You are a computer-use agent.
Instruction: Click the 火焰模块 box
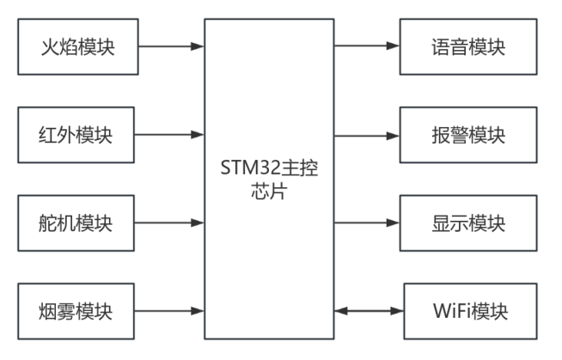click(77, 46)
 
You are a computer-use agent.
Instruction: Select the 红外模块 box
click(77, 135)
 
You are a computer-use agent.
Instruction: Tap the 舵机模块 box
click(77, 223)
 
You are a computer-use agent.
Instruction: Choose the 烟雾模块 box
click(77, 310)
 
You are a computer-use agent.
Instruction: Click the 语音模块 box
click(468, 46)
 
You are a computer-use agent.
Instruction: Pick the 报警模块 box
click(468, 135)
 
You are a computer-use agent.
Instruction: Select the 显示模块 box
click(468, 223)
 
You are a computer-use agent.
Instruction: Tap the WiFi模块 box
click(468, 310)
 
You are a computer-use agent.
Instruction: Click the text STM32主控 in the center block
click(269, 168)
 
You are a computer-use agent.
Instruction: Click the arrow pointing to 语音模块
click(367, 46)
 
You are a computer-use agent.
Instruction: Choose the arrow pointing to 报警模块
click(367, 135)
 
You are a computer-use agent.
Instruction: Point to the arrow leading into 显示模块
click(367, 223)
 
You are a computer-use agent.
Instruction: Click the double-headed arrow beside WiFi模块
click(367, 310)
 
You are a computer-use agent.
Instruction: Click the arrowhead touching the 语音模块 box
click(395, 46)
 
